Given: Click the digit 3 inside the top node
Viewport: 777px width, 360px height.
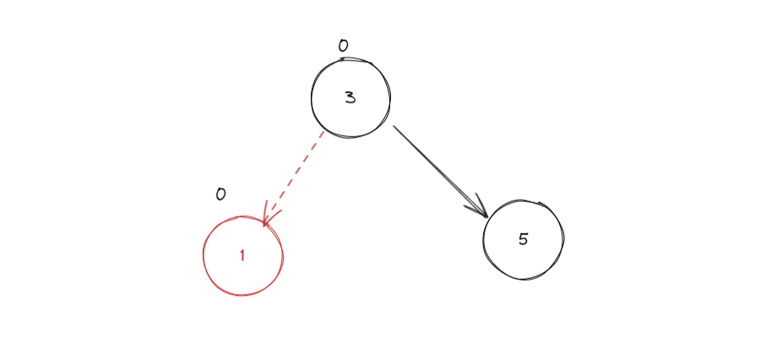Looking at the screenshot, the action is click(x=350, y=97).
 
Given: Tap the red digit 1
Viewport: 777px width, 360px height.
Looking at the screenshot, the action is click(x=242, y=256).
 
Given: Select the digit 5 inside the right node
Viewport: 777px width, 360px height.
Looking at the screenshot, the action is click(x=523, y=239).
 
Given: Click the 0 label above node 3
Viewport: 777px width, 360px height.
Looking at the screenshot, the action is click(x=343, y=46).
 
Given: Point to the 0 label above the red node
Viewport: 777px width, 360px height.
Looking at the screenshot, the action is click(x=220, y=194).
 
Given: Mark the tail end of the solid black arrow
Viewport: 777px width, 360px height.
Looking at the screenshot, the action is click(x=394, y=128).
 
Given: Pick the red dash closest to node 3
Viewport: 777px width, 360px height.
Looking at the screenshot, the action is click(x=321, y=135).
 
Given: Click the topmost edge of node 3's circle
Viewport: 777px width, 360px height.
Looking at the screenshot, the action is click(x=350, y=58).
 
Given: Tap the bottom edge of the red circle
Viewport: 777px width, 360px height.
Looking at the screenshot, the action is click(x=242, y=295).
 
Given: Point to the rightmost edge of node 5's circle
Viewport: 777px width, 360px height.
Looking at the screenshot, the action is click(x=563, y=239).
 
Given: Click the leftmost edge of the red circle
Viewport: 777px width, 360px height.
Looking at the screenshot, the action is click(x=204, y=256).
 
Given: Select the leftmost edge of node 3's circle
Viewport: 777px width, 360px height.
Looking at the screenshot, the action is click(x=312, y=98).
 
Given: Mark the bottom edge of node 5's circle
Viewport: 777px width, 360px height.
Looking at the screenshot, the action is click(x=524, y=279).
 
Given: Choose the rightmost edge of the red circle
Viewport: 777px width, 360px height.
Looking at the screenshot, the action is click(x=283, y=256).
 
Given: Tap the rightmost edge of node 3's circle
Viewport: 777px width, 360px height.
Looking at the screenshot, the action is click(x=390, y=98).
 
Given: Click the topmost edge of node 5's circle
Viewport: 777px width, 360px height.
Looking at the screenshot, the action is click(x=524, y=200).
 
